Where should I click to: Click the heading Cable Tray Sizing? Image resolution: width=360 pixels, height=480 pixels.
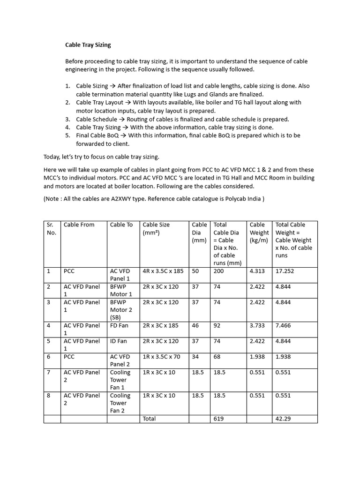88,45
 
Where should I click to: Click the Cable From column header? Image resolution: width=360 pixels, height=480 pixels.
79,225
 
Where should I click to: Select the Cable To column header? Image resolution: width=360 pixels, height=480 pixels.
121,225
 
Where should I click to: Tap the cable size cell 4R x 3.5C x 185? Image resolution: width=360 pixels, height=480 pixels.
163,271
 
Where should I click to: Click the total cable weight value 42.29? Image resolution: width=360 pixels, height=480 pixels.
283,419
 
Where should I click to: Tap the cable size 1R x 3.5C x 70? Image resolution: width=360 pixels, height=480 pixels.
161,357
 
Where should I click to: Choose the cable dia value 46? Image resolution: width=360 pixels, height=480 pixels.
195,325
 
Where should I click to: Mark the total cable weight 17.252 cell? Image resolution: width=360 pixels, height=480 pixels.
285,271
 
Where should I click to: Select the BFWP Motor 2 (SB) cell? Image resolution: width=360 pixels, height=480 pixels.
121,310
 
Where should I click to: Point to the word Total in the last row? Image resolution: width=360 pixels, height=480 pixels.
149,419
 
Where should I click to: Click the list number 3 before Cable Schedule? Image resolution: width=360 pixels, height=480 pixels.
67,119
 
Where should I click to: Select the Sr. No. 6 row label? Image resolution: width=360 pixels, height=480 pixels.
49,357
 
